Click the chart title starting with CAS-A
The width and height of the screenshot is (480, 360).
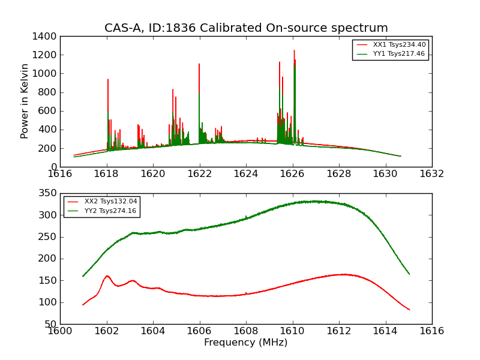[246, 28]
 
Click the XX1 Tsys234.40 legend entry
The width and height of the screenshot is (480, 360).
[399, 44]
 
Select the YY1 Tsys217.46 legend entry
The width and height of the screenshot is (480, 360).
[399, 53]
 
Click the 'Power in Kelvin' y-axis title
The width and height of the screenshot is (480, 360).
[25, 101]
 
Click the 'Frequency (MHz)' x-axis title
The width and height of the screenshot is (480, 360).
[246, 343]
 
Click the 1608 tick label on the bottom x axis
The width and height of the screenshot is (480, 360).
[245, 331]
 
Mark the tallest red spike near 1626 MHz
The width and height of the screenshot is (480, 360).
[294, 50]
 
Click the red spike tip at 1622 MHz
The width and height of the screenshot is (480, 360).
[199, 64]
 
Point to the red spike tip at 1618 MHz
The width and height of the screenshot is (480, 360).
[108, 79]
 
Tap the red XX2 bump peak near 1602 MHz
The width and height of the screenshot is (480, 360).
[107, 276]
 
